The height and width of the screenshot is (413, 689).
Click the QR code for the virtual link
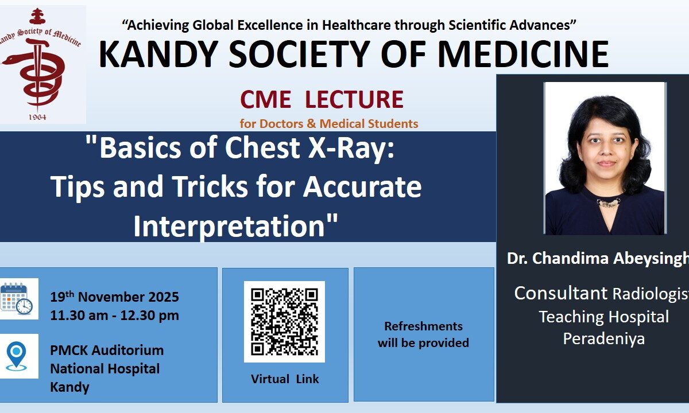pos(284,321)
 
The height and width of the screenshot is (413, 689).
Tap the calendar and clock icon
pos(17,299)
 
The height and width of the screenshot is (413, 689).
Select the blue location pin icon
pos(16,356)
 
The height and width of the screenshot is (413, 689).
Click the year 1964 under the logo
pos(37,117)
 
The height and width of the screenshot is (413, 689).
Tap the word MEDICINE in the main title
pos(523,54)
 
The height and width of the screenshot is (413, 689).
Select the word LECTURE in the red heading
pos(354,99)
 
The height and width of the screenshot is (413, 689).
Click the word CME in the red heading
pos(265,99)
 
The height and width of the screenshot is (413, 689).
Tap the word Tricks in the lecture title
pos(210,186)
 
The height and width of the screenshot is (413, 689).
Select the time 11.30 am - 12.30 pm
pos(114,315)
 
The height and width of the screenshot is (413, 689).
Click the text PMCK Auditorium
pos(107,350)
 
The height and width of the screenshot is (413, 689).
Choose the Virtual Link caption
pos(285,379)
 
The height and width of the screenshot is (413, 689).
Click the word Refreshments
pos(423,326)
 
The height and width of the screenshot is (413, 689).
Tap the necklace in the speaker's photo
pos(608,202)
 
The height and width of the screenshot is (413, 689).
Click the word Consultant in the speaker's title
pos(561,293)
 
